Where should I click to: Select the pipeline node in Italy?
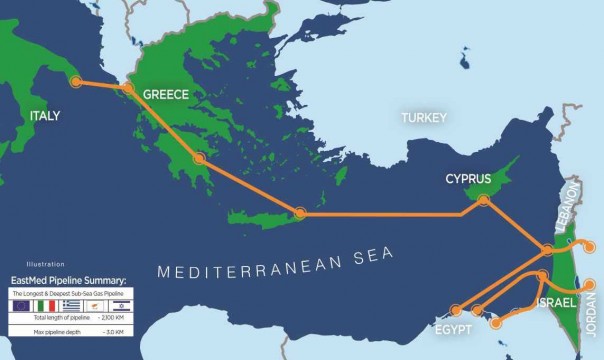(x=74, y=83)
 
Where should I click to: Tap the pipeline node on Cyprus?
(x=483, y=201)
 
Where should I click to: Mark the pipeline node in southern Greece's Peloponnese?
(x=200, y=158)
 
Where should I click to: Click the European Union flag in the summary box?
(x=21, y=306)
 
